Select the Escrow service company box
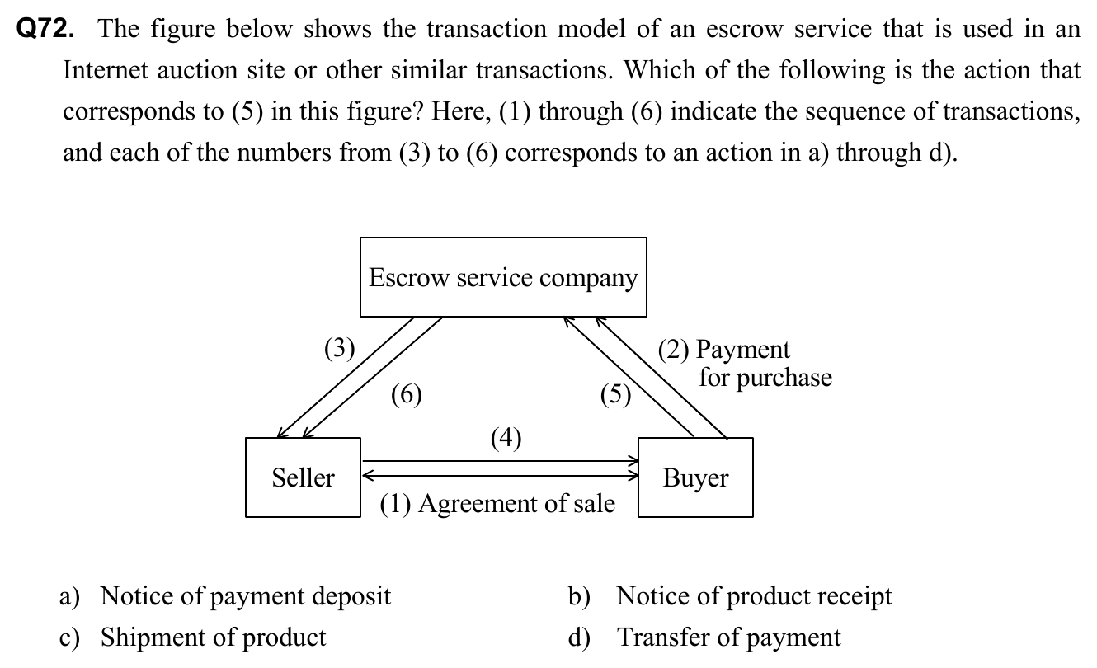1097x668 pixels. click(x=503, y=277)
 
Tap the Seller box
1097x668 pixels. click(x=303, y=477)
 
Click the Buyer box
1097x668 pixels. click(x=695, y=477)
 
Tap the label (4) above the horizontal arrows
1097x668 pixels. click(x=506, y=437)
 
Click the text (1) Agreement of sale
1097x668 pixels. click(x=497, y=503)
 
